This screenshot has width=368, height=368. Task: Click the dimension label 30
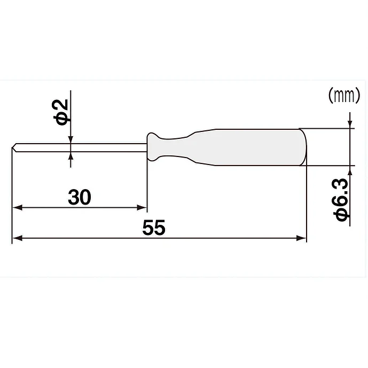coord(80,197)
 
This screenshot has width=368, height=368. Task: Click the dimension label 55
coord(154,228)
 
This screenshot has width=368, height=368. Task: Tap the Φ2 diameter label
coord(60,112)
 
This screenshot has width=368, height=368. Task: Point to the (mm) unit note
coord(343,95)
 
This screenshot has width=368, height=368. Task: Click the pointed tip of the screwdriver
coord(12,147)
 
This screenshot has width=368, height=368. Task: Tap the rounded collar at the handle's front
coord(153,147)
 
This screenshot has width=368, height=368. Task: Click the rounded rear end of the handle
coord(304,147)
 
